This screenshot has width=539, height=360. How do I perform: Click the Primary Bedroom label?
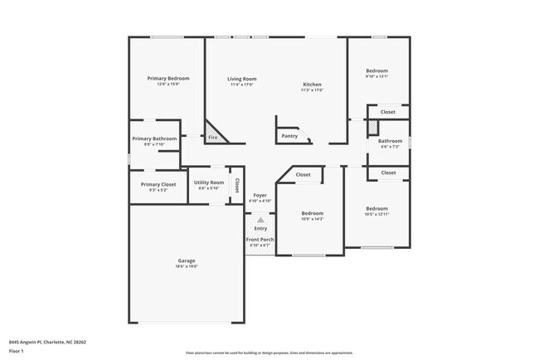click(x=168, y=78)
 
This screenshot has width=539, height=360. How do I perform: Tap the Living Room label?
click(x=242, y=79)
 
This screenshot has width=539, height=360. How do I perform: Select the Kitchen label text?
click(x=312, y=84)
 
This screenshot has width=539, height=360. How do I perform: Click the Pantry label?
click(x=289, y=136)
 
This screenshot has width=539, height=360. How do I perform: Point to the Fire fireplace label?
click(x=213, y=137)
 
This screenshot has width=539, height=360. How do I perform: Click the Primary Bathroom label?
click(x=154, y=139)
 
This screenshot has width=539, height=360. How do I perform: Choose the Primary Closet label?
click(x=158, y=184)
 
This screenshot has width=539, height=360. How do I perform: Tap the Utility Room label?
click(x=208, y=182)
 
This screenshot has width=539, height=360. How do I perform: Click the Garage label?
click(x=186, y=260)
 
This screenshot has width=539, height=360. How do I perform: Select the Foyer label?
click(x=260, y=195)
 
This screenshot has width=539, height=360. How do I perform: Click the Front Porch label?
click(x=260, y=240)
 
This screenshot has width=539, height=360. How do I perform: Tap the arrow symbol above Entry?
click(x=260, y=220)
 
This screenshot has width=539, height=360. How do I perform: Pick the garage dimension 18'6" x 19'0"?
click(x=186, y=266)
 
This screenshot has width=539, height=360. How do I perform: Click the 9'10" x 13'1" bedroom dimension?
click(x=376, y=77)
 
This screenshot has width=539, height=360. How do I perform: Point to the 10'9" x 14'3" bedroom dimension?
click(x=312, y=219)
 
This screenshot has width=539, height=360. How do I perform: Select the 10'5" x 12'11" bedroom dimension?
click(x=376, y=214)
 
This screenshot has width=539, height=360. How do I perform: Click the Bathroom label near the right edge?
click(x=391, y=141)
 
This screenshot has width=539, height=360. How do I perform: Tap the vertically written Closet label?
click(x=236, y=185)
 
